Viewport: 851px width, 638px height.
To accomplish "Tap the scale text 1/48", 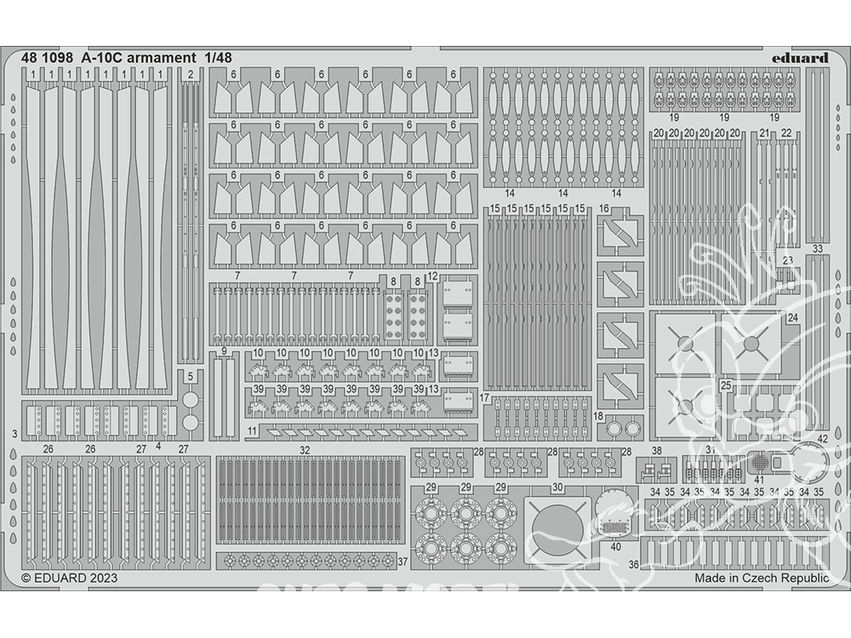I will click(217, 58).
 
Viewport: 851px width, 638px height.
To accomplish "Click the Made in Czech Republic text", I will click(760, 578).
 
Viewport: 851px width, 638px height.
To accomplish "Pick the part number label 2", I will click(191, 75).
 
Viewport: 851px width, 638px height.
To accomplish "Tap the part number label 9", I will click(223, 351).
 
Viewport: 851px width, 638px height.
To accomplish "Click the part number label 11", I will click(253, 432).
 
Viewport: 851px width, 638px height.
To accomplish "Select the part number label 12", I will click(432, 276).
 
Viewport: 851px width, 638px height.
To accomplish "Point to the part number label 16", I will click(604, 209).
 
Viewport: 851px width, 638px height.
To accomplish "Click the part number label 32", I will click(305, 449).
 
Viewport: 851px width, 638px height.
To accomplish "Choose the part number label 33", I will click(817, 249).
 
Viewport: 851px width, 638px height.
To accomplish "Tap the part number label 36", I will click(633, 564).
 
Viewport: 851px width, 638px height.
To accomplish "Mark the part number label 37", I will click(403, 561).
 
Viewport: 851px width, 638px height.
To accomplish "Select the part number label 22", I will click(785, 134).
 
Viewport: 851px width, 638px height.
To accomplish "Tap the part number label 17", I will click(484, 398).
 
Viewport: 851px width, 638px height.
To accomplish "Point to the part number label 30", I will click(557, 487).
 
